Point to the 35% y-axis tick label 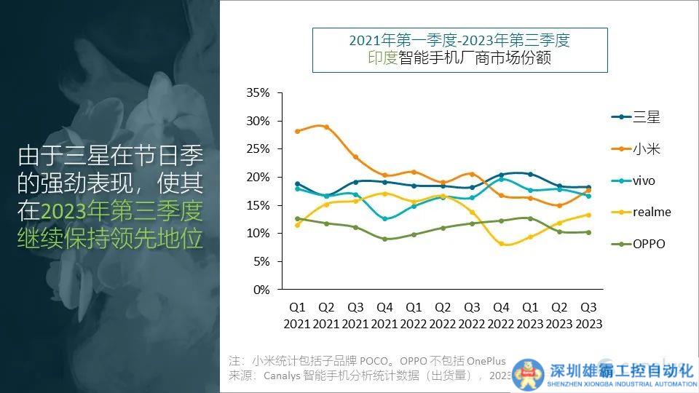(258, 93)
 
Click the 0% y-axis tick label (261, 290)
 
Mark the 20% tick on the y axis (258, 177)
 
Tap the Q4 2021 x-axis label (384, 315)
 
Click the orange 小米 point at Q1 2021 (297, 132)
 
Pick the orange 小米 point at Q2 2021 (326, 127)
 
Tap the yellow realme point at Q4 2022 (501, 244)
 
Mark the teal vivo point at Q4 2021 (384, 218)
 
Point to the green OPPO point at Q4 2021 (384, 239)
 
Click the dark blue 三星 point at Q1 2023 (530, 174)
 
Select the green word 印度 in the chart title (382, 58)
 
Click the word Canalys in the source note (274, 376)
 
